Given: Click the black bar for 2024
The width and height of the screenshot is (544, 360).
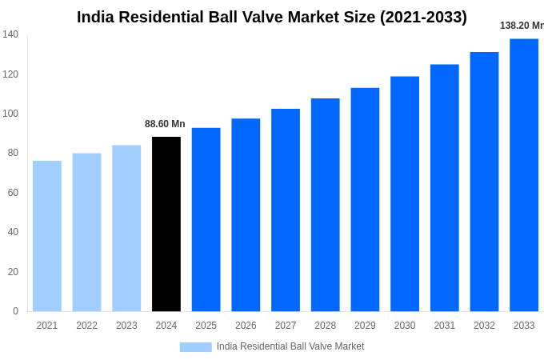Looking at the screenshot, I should (166, 224).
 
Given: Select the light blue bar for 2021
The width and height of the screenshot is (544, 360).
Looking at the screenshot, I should (47, 236).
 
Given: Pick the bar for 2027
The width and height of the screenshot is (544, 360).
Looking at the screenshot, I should (286, 210).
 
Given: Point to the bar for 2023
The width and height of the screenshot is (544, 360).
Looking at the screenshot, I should (126, 228).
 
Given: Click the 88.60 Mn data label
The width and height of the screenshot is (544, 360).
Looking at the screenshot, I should (165, 124).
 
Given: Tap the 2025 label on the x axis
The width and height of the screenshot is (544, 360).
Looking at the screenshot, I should (206, 326).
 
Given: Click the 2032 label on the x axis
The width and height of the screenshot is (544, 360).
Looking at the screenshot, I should (484, 326).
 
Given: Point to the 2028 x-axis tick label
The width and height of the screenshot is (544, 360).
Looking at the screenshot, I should (326, 326).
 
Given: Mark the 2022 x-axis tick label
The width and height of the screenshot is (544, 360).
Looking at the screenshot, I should (86, 326).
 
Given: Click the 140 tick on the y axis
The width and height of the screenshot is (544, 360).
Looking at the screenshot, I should (10, 34).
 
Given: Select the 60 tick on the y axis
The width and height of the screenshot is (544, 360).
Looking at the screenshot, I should (13, 193).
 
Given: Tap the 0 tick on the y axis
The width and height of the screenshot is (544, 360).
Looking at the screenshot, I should (15, 311).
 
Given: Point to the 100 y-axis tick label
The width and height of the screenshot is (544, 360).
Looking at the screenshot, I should (10, 114).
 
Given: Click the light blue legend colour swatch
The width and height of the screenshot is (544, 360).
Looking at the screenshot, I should (195, 346).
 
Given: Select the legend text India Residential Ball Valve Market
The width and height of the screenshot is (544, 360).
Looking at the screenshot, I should (290, 346).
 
